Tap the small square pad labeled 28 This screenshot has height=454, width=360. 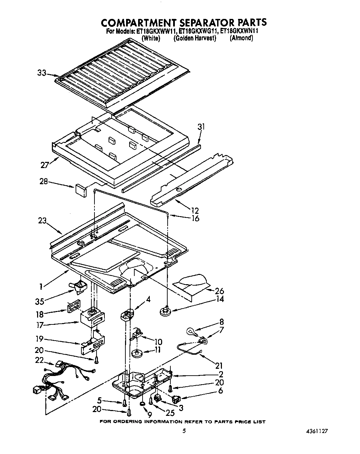[80, 190]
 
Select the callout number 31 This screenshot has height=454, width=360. [201, 127]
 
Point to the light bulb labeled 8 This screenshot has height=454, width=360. [190, 331]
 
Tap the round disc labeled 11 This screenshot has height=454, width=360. [137, 353]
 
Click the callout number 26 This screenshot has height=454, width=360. [219, 291]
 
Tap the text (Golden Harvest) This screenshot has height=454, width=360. [195, 38]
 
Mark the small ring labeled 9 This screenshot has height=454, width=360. [142, 403]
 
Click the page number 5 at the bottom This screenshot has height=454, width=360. [184, 431]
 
